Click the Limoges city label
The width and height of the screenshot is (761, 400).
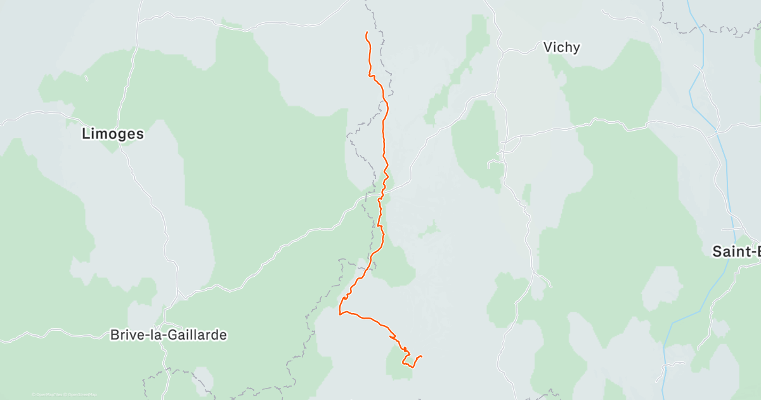click(113, 134)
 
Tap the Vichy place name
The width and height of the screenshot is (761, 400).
click(561, 47)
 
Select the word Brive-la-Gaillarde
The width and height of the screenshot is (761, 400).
click(168, 335)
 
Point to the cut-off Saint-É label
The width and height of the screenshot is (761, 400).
click(736, 251)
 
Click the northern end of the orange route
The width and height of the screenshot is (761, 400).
click(367, 32)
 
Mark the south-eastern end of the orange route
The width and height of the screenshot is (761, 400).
click(422, 356)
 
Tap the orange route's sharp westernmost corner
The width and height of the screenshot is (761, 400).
click(341, 313)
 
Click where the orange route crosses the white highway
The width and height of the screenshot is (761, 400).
click(382, 189)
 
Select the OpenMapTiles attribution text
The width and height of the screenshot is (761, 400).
click(47, 394)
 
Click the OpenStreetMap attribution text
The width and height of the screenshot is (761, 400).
click(82, 394)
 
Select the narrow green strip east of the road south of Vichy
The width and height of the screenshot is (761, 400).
click(526, 194)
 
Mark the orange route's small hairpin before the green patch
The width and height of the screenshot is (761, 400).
click(394, 335)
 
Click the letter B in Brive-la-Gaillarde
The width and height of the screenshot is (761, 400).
click(115, 335)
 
